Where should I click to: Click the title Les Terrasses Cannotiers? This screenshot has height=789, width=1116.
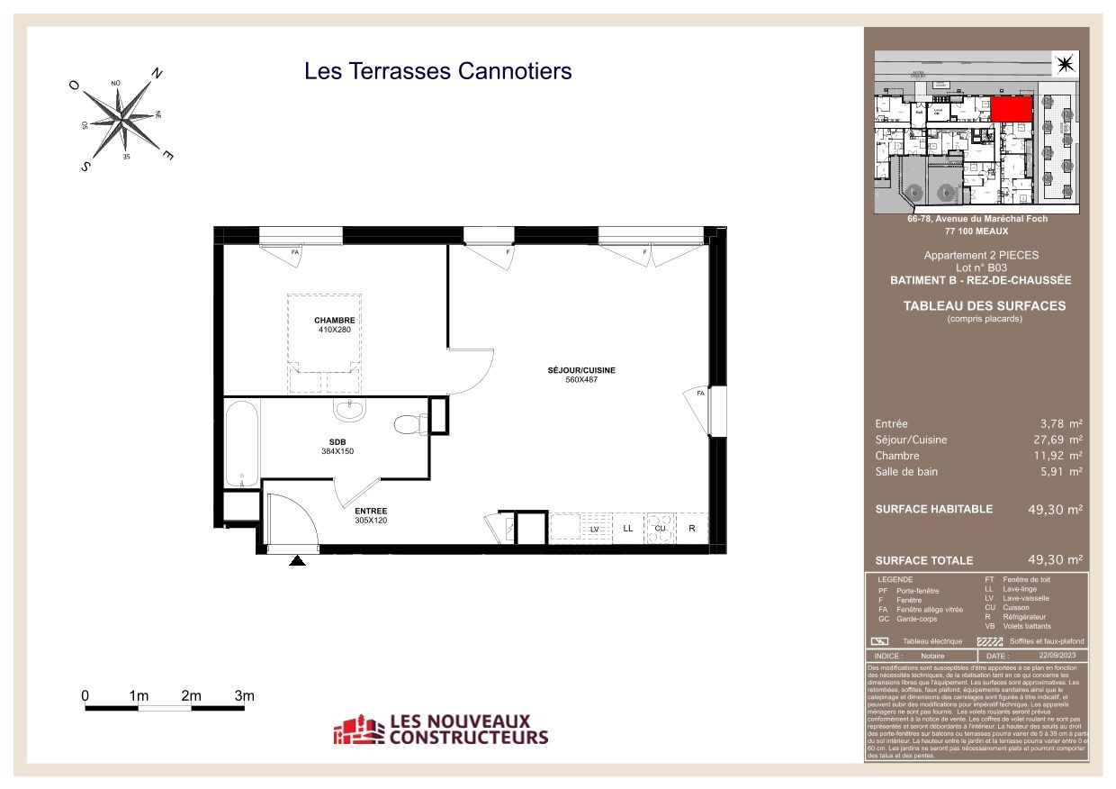tap(438, 70)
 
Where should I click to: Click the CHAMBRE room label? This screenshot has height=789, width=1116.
tap(334, 321)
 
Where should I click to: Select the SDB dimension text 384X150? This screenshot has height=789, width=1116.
tap(337, 451)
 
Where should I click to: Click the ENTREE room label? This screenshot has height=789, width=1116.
tap(371, 510)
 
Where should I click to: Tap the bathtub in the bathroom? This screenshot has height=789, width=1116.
tap(241, 444)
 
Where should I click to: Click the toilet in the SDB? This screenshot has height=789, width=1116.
tap(409, 422)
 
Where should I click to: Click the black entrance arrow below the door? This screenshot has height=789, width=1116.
tap(297, 561)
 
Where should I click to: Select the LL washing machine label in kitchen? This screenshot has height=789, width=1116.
tap(627, 529)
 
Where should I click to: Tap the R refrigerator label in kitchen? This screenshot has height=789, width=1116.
tap(691, 529)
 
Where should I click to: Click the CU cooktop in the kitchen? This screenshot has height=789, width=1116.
tap(660, 529)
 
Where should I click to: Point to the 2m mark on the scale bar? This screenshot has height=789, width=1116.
tap(191, 696)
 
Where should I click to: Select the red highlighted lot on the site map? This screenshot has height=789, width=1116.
tap(1012, 110)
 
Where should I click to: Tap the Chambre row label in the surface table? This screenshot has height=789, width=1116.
tap(896, 456)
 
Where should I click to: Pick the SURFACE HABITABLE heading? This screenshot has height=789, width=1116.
tap(933, 509)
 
